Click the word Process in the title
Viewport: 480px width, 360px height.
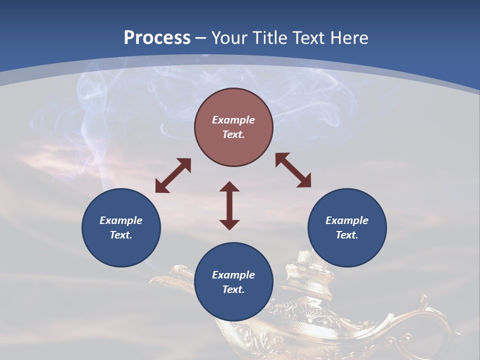point(157,37)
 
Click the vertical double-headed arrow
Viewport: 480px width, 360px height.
point(229,205)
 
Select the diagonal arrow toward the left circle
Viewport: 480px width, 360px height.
point(173,175)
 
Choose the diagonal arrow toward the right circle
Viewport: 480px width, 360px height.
point(293,170)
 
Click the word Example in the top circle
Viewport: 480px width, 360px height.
point(233,120)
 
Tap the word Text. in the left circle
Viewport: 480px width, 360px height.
point(121,235)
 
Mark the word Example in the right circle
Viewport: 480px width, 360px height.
point(347,220)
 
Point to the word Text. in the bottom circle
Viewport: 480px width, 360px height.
point(233,289)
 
